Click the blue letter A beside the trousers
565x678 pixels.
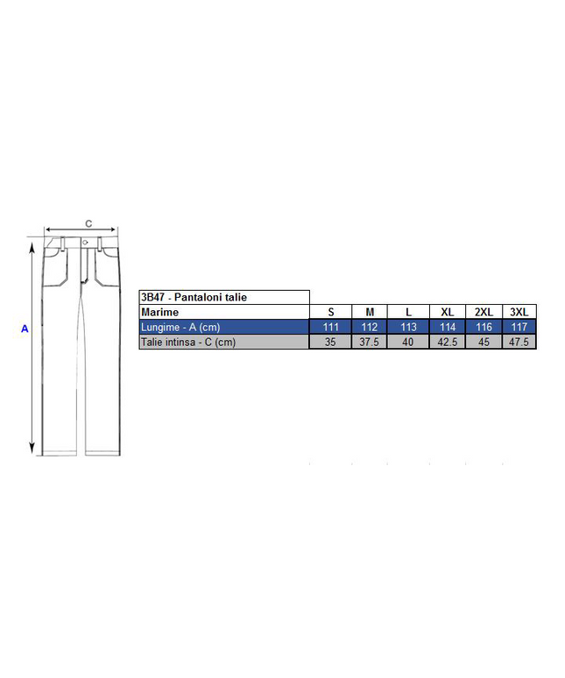pos(25,328)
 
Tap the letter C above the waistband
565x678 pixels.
pos(88,223)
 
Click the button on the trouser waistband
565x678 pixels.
pos(85,243)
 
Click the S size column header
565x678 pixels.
pos(331,312)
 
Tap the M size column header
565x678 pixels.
pos(370,312)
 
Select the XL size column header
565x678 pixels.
pos(448,312)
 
